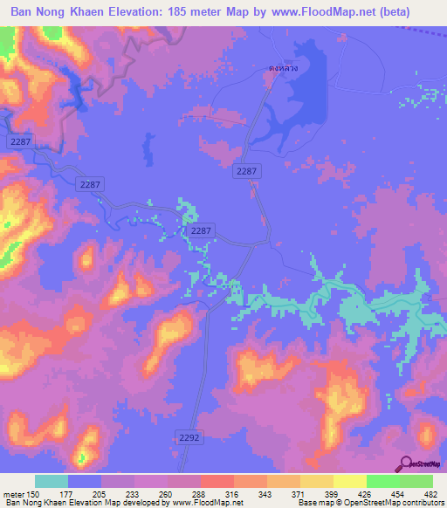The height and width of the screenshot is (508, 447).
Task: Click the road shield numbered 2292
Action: (x=191, y=436)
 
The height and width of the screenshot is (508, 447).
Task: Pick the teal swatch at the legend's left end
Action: (x=52, y=481)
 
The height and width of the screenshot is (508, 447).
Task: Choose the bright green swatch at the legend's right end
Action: (x=416, y=481)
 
